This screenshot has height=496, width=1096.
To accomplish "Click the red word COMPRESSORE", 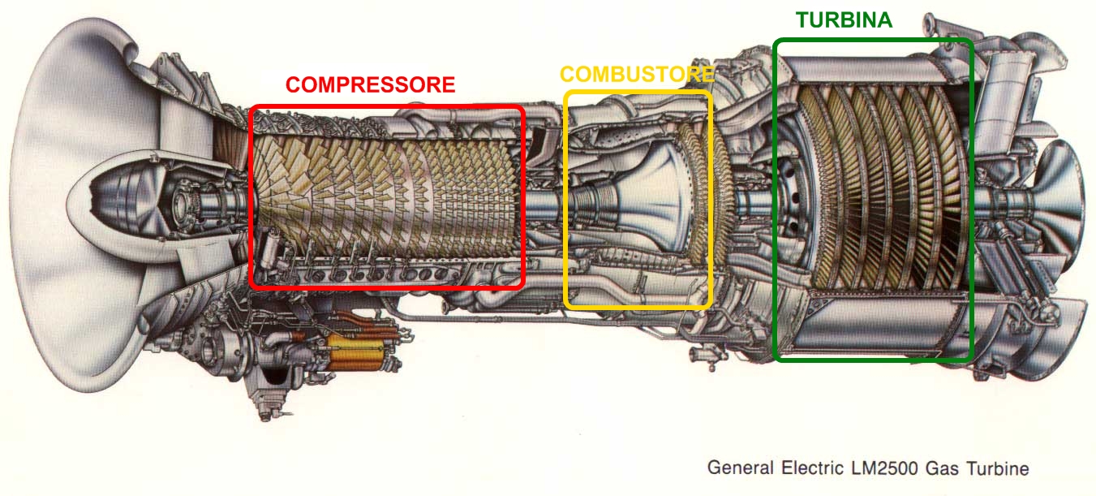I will click(370, 84).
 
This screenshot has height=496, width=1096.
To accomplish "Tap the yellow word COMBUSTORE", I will click(637, 75).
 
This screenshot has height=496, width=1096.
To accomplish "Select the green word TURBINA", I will click(844, 20).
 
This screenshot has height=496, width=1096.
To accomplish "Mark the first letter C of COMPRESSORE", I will click(292, 84).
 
